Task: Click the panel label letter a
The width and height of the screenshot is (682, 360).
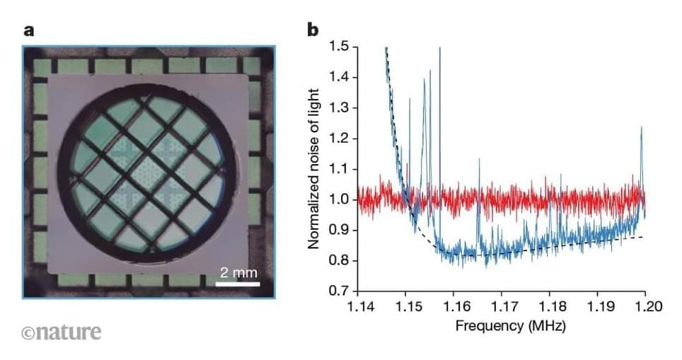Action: [x=29, y=30]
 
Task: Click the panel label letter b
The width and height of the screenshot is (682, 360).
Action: [x=312, y=30]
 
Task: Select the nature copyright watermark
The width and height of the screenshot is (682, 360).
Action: [x=62, y=332]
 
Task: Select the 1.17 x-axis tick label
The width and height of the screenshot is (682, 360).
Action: [x=501, y=306]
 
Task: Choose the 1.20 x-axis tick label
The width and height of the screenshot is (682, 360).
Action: [x=645, y=306]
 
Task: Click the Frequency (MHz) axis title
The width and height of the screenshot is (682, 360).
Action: [x=501, y=326]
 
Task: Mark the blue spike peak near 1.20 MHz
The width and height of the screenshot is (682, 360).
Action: [x=642, y=127]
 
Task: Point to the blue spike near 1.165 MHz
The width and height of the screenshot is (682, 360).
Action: [x=479, y=161]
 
